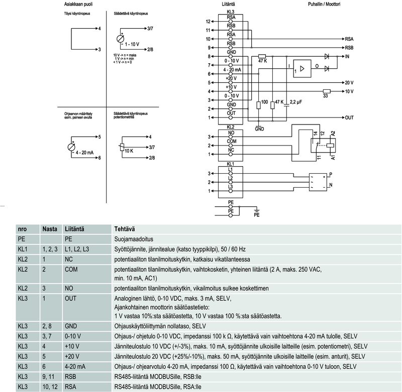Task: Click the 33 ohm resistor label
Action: point(326,95)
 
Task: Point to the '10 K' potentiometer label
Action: point(128,151)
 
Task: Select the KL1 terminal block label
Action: point(231,164)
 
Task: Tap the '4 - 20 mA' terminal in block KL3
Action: point(231,70)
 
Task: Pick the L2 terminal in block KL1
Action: point(231,178)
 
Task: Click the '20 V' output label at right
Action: point(349,82)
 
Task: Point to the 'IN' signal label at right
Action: point(346,57)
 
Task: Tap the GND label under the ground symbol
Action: point(259,129)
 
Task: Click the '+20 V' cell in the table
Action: point(72,356)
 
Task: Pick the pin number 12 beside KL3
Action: point(209,22)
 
